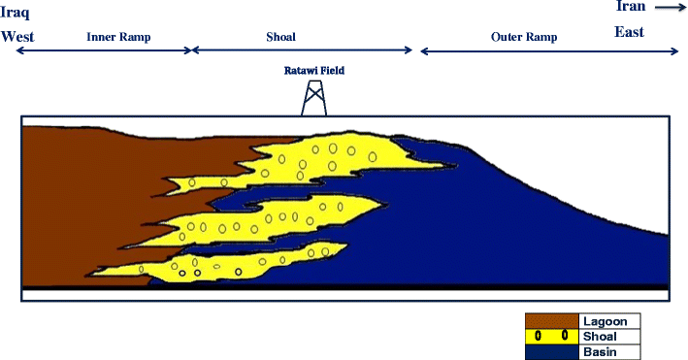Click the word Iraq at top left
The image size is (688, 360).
pos(16,13)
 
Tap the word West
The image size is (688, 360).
pos(17,37)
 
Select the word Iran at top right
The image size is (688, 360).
pos(630,7)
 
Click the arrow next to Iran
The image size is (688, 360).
pos(667,7)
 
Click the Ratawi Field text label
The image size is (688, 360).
pos(314,70)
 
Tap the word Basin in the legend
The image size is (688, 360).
pos(600,351)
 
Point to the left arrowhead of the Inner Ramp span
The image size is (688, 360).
pos(18,50)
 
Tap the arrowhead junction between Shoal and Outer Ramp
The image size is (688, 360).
pos(415,50)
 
